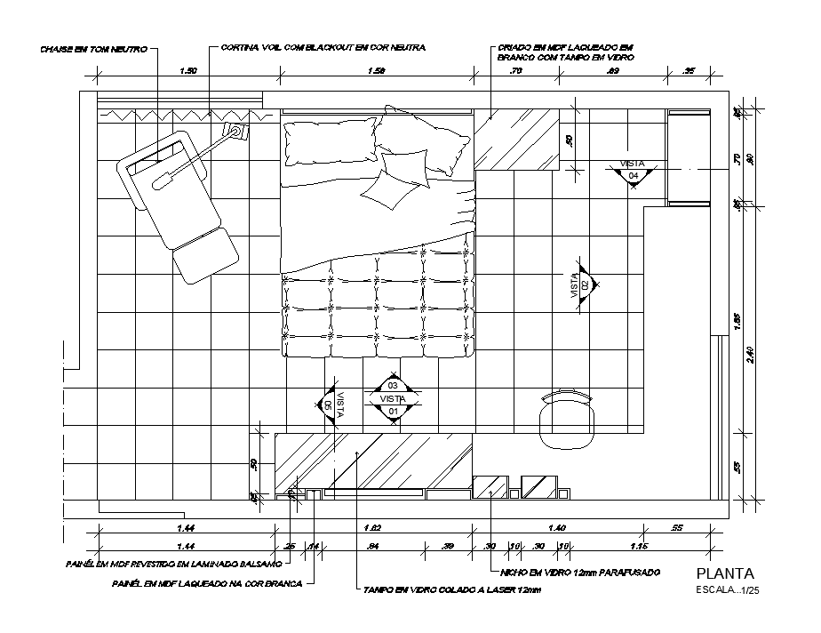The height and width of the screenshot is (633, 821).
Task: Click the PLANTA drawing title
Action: pyautogui.click(x=725, y=573)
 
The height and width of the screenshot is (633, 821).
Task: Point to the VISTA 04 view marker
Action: pyautogui.click(x=633, y=171)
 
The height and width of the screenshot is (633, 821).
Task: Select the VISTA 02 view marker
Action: pyautogui.click(x=585, y=284)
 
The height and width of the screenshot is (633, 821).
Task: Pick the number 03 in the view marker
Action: pyautogui.click(x=393, y=386)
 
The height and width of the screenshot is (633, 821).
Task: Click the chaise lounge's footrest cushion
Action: pyautogui.click(x=204, y=255)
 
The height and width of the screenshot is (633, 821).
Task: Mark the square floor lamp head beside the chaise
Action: pyautogui.click(x=236, y=133)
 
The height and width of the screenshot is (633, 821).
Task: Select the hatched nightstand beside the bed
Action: pyautogui.click(x=515, y=139)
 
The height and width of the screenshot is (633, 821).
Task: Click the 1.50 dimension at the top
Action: pyautogui.click(x=187, y=70)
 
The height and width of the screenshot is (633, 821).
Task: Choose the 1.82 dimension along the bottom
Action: pyautogui.click(x=373, y=528)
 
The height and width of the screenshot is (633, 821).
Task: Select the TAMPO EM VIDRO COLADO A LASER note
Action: pyautogui.click(x=451, y=589)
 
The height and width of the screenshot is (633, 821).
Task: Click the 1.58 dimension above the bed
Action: pyautogui.click(x=377, y=70)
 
